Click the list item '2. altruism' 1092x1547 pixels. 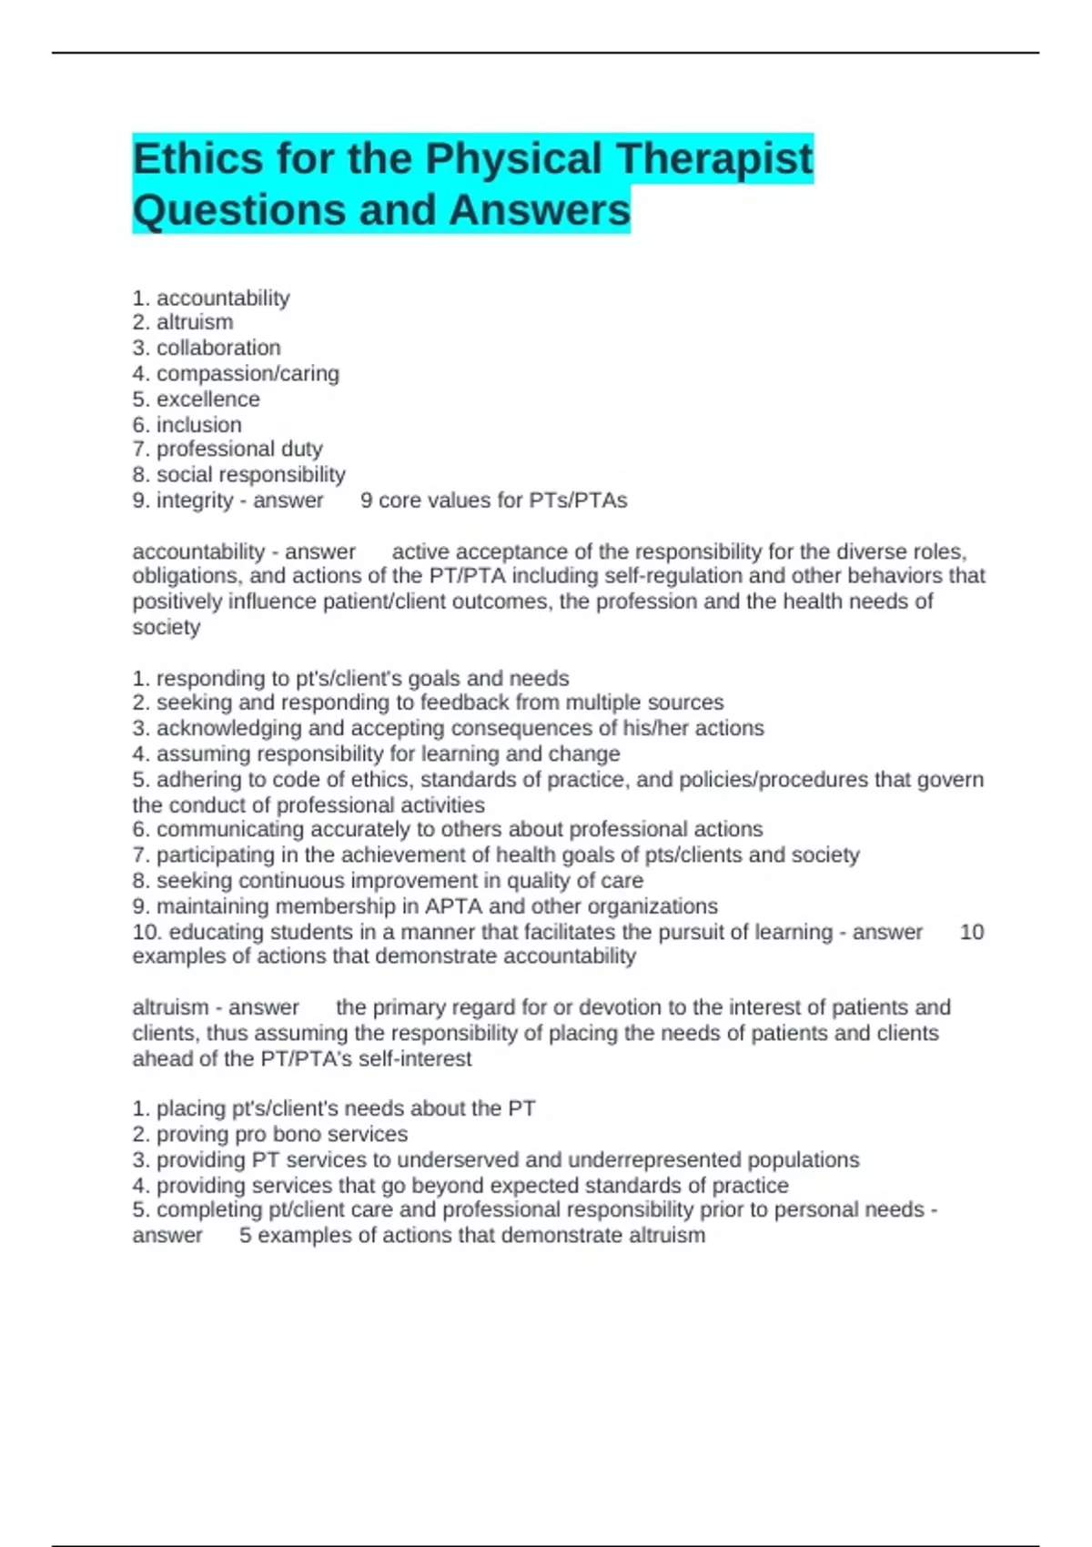[x=183, y=322]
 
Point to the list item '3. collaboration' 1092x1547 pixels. [x=207, y=348]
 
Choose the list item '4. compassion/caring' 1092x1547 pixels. [x=236, y=373]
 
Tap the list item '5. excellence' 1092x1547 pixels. [x=196, y=399]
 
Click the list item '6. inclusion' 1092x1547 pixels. [x=187, y=424]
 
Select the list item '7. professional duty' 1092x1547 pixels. [x=227, y=449]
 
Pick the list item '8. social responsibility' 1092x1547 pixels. [x=238, y=474]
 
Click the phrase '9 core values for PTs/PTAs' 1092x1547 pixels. [x=494, y=500]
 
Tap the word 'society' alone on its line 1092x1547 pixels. [x=167, y=627]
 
